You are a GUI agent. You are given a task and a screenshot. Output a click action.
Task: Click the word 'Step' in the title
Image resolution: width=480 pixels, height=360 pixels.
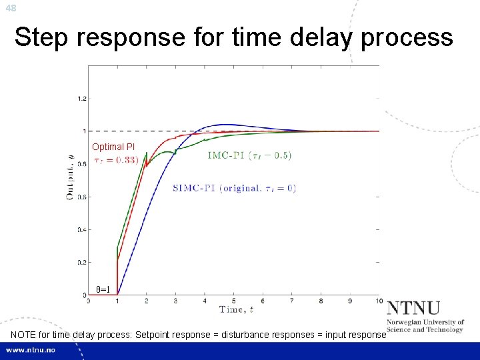[x=43, y=38]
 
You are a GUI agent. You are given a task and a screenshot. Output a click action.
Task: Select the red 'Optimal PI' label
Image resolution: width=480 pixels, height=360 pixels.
[x=113, y=147]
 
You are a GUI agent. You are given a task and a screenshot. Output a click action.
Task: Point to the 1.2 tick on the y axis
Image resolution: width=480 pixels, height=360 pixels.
[x=81, y=99]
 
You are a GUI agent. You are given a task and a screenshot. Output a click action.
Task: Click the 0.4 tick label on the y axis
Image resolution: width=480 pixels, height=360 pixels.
[x=81, y=230]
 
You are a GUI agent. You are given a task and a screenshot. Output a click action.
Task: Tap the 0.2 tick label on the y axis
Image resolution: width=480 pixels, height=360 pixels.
[x=81, y=263]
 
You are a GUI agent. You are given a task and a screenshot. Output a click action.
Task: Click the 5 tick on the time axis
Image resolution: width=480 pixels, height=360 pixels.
[x=234, y=301]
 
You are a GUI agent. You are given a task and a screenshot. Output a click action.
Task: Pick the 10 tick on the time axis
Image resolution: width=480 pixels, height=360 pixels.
[x=379, y=301]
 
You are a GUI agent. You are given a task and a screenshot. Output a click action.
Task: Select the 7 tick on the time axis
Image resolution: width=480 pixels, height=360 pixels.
[x=292, y=301]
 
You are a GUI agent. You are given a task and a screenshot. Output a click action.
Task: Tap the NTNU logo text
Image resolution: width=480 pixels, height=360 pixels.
[x=413, y=309]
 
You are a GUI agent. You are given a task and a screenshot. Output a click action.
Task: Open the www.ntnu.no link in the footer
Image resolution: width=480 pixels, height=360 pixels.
[x=31, y=350]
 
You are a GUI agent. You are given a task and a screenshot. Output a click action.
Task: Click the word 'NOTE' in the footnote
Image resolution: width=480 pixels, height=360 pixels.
[x=25, y=334]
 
